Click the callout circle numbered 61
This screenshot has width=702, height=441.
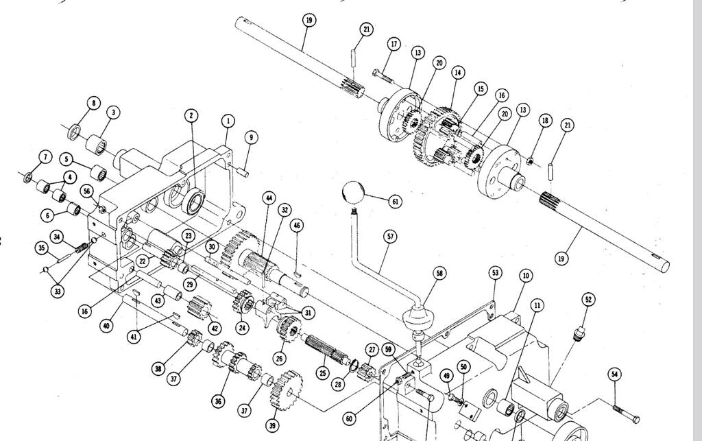pos(395,202)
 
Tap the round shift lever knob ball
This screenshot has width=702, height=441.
pos(353,193)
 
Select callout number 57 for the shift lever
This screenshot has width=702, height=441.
pos(390,237)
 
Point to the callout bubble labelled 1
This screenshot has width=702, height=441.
pos(228,121)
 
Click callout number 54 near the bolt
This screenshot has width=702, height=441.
pos(615,374)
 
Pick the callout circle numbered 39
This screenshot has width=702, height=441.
pos(273,425)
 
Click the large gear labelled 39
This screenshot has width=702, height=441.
pos(287,391)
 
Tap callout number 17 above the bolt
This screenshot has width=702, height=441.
pos(394,44)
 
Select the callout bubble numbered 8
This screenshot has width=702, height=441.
pos(93,104)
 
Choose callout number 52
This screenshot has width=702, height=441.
pos(588,300)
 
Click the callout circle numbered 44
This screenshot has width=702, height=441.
pos(269,198)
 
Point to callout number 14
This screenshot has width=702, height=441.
pos(457,73)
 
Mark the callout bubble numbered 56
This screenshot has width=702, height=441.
pos(87,191)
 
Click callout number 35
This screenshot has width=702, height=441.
pos(42,248)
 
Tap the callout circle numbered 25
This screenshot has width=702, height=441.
pos(323,373)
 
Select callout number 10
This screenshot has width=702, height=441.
pos(526,276)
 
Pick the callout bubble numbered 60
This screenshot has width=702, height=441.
pos(350,418)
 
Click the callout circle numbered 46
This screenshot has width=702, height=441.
pos(298,225)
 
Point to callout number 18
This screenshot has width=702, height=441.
pos(545,121)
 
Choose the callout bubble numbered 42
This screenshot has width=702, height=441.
pos(215,328)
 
